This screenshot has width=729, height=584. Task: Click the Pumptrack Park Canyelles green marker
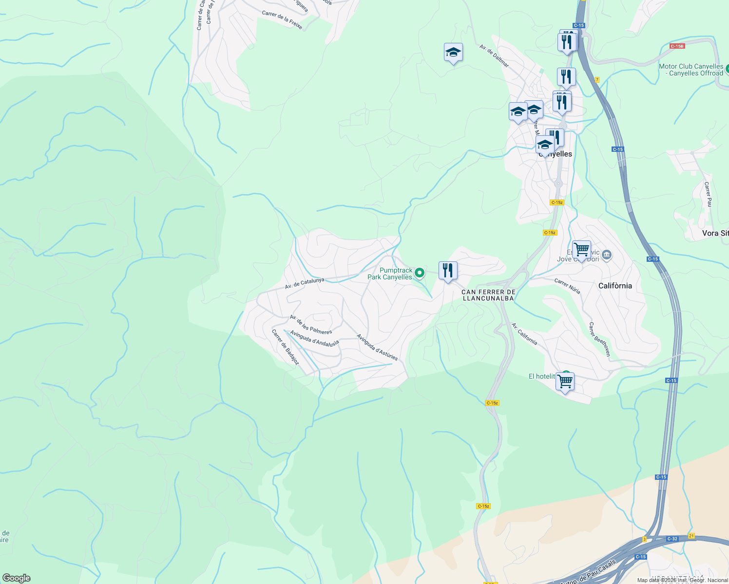(420, 273)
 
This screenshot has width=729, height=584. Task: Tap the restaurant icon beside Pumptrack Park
(447, 271)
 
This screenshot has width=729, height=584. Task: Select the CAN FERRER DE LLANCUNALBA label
(488, 295)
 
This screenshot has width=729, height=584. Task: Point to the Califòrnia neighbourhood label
(615, 286)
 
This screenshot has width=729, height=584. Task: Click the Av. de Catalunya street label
(305, 283)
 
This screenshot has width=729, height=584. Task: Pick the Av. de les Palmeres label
(310, 325)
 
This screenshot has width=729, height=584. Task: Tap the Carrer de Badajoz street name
(285, 347)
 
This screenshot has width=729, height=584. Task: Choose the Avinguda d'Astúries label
(377, 347)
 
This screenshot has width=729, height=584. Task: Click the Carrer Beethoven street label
(599, 339)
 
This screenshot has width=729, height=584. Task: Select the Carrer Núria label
(567, 286)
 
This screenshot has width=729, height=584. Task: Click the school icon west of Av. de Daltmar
(453, 52)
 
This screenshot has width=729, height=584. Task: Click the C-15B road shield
(677, 46)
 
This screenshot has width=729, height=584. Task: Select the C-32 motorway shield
(672, 539)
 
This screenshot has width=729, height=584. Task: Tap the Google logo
(16, 578)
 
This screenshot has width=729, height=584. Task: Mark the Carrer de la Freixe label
(282, 20)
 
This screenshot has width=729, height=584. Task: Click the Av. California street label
(524, 334)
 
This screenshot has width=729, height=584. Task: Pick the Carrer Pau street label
(708, 194)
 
